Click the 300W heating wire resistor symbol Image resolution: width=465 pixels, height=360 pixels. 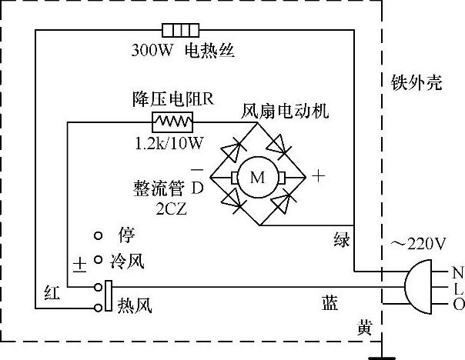click(x=180, y=31)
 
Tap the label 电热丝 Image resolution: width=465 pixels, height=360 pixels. click(x=208, y=52)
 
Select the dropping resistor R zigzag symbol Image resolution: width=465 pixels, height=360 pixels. click(x=172, y=121)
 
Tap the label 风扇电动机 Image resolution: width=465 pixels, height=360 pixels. click(x=285, y=110)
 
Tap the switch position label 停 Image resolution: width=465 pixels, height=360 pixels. click(x=126, y=234)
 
